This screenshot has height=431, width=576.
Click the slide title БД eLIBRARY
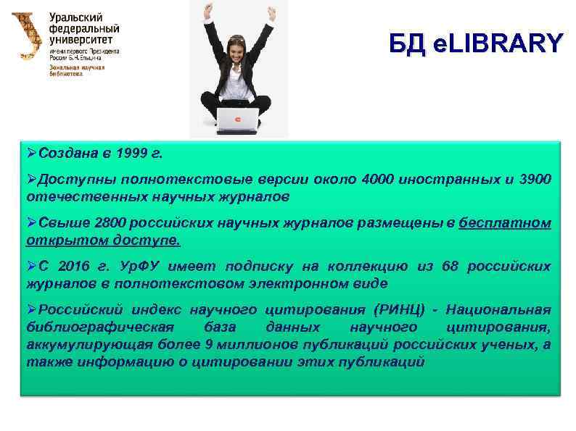[x=474, y=43]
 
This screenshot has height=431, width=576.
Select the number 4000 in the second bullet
[x=377, y=179]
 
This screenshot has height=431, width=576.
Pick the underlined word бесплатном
[x=505, y=223]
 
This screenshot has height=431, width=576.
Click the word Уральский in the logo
[x=75, y=17]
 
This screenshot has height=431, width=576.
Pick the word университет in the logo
[x=81, y=40]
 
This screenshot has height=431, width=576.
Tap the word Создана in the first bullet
[x=60, y=154]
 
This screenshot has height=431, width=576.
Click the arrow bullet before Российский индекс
[x=31, y=311]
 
